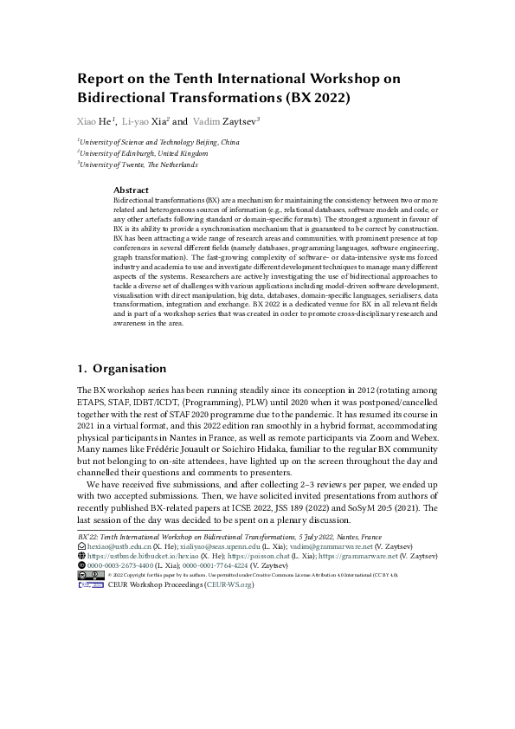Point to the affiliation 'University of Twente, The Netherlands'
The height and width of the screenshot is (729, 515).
click(138, 164)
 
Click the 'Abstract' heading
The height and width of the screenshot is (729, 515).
click(131, 190)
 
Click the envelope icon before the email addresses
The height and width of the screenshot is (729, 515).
click(81, 548)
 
